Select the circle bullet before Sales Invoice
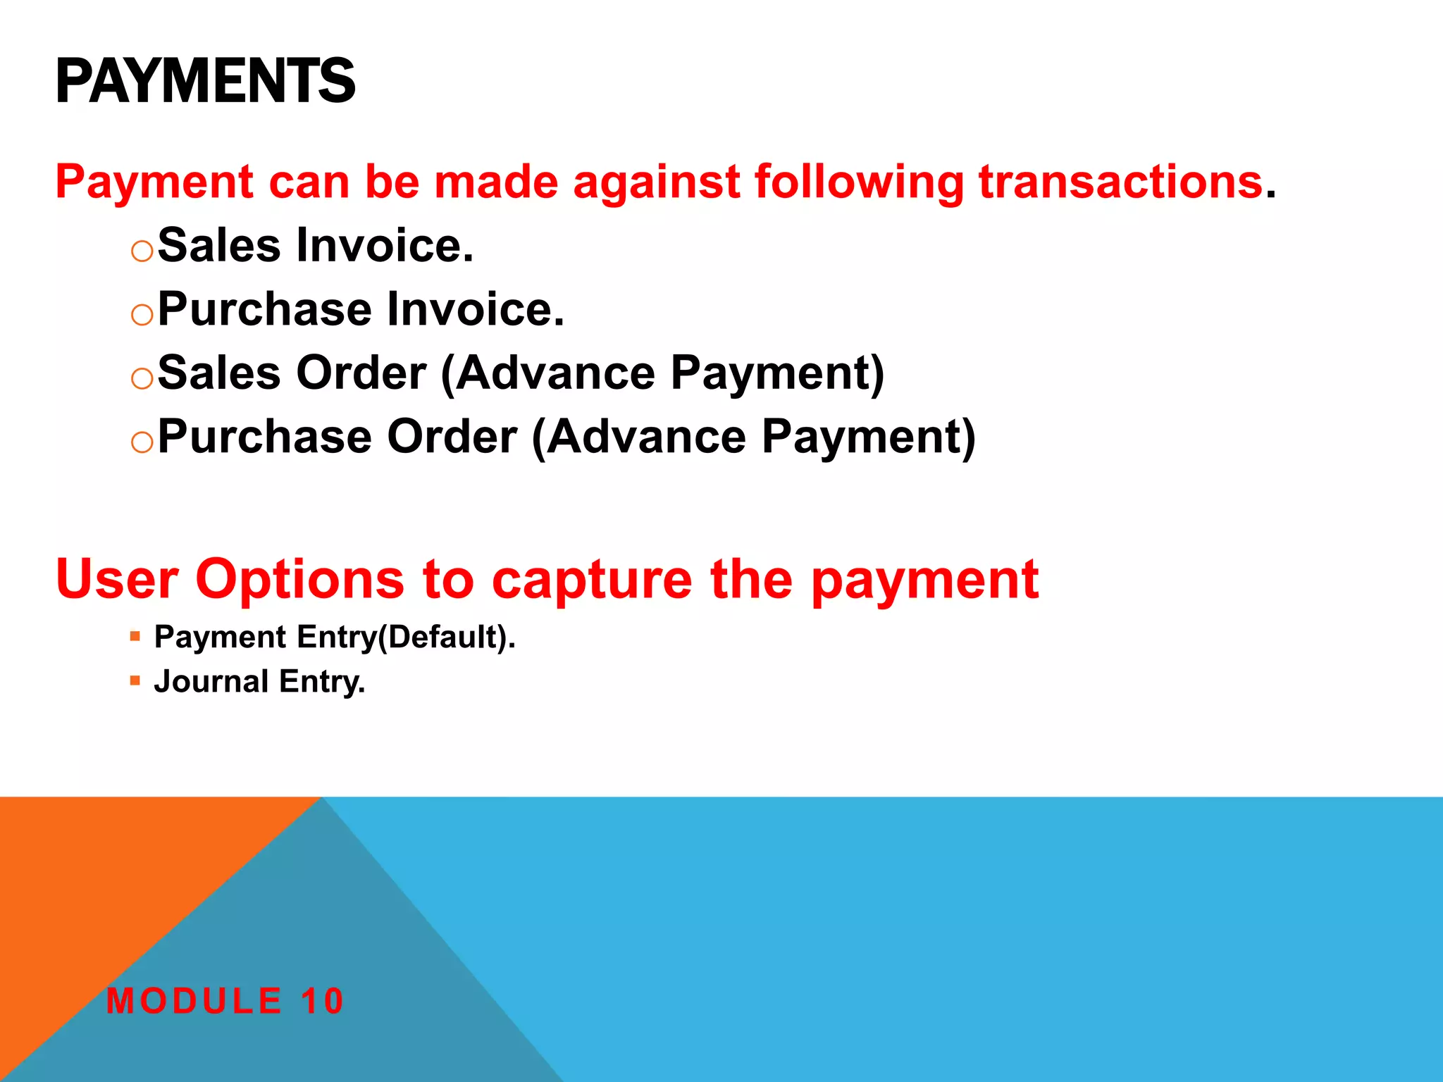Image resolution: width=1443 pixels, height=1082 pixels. [142, 251]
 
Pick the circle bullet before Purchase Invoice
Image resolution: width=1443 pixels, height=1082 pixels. [142, 314]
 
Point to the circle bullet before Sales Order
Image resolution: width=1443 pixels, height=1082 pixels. [142, 378]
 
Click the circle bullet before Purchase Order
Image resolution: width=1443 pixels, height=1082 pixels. [142, 442]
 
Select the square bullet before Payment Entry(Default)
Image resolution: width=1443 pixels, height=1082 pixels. [135, 637]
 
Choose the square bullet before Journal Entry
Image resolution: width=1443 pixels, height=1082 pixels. [135, 680]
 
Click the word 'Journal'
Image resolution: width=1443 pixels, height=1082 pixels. [211, 681]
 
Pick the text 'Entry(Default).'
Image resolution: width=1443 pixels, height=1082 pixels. [407, 638]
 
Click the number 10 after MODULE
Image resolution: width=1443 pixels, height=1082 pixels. [322, 1001]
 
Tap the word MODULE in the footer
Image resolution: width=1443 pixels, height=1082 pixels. [194, 1001]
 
